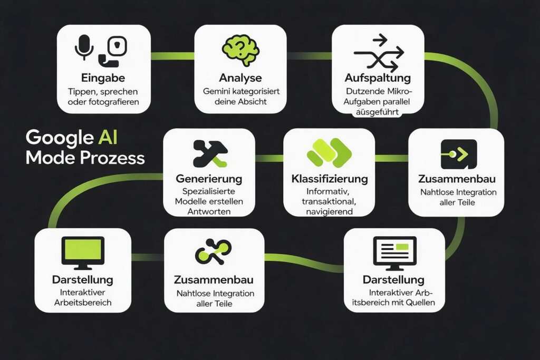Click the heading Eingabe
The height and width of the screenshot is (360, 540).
pos(103,78)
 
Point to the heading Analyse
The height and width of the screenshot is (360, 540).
pos(240,78)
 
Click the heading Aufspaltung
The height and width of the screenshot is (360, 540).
pos(378,78)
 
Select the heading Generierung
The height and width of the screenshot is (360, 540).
pos(209,179)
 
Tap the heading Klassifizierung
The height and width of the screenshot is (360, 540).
pos(329,179)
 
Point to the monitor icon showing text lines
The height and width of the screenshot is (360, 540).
pos(394,252)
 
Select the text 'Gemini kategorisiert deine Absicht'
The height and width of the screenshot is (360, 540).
pos(240,96)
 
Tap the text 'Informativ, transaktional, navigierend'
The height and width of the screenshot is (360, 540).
pos(329,202)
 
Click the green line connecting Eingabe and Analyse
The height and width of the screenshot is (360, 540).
pos(172,54)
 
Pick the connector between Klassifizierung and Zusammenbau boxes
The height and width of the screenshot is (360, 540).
pos(392,158)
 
